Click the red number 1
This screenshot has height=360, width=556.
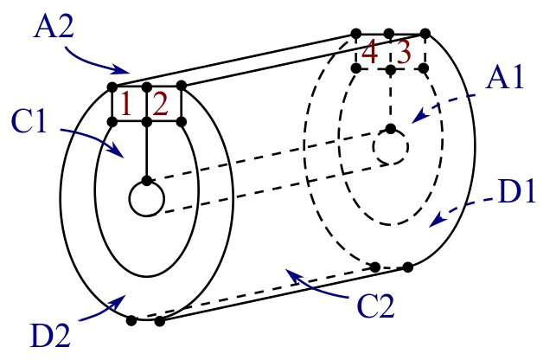pos(126,105)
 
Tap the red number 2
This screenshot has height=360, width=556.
pos(162,105)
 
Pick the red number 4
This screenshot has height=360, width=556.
pos(371,53)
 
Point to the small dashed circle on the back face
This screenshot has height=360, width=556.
pos(391,149)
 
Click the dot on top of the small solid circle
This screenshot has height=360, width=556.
pos(147,180)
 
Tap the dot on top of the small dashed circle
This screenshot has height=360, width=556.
pos(391,130)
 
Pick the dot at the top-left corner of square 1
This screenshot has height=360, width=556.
pos(112,87)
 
